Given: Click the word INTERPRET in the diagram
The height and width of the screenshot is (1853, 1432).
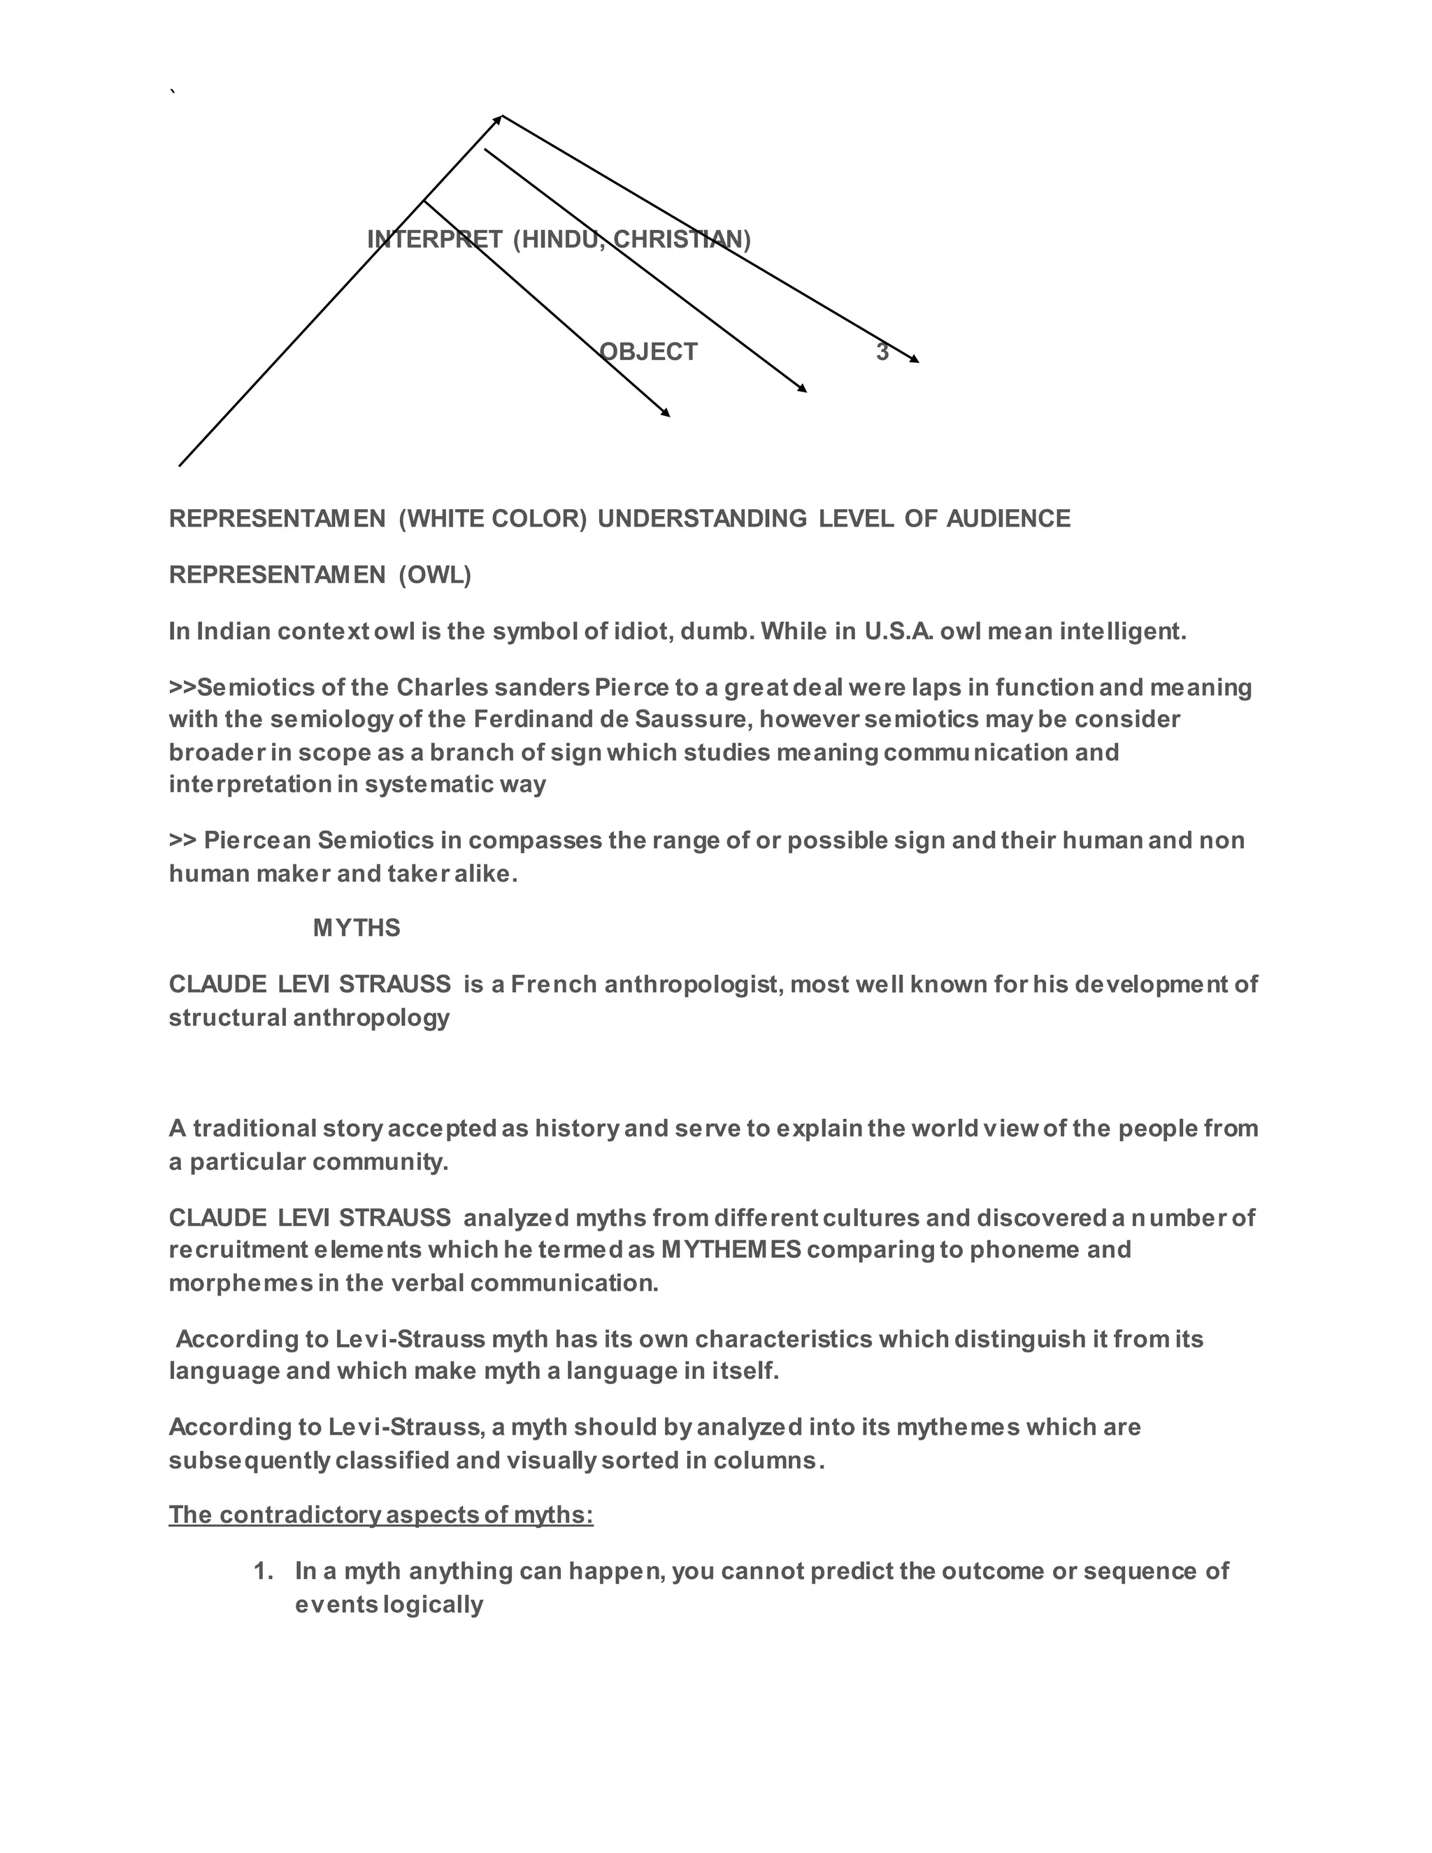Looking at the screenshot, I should [x=434, y=239].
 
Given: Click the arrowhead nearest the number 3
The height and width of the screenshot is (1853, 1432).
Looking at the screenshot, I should [x=915, y=359].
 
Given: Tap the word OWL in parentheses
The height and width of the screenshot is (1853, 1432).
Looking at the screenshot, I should [x=434, y=575].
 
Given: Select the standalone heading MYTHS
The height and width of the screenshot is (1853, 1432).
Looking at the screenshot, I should [x=357, y=928].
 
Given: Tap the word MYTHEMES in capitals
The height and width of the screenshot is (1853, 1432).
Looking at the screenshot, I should [x=731, y=1250].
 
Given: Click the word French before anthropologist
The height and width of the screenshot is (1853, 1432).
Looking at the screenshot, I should [x=554, y=985].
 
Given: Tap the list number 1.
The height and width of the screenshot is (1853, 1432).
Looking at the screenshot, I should [x=263, y=1571].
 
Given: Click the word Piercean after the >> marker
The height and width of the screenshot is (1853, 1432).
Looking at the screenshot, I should [x=257, y=840].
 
